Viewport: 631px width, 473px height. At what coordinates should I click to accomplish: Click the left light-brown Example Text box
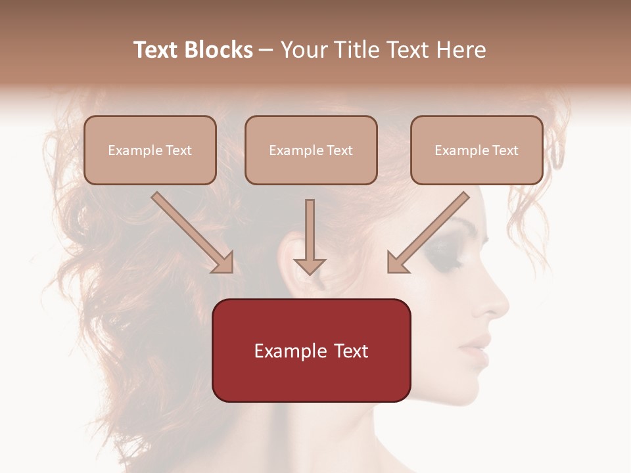(x=150, y=150)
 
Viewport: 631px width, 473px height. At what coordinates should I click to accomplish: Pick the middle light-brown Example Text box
(x=311, y=150)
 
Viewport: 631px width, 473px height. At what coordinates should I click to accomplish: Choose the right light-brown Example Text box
(x=477, y=150)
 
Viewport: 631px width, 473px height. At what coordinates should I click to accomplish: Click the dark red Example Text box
(x=311, y=350)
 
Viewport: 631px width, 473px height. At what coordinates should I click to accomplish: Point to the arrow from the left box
(x=194, y=233)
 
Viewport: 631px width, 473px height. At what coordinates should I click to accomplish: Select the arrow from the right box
(x=427, y=233)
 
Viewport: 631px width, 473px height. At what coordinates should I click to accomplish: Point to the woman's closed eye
(x=442, y=256)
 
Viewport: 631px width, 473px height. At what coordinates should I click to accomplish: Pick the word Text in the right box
(x=505, y=150)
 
